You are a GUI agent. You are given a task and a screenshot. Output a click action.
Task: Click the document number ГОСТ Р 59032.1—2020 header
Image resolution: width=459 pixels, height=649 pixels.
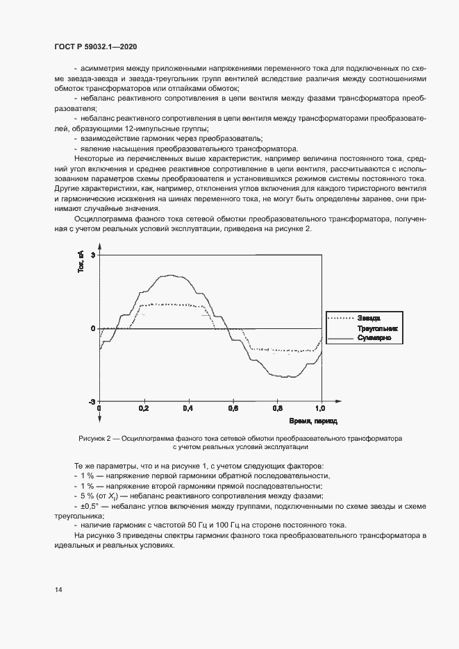pyautogui.click(x=94, y=46)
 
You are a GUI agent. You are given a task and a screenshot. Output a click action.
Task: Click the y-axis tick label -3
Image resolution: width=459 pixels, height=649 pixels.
pyautogui.click(x=91, y=402)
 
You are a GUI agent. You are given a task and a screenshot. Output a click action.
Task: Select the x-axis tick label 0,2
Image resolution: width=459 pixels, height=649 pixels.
pyautogui.click(x=144, y=410)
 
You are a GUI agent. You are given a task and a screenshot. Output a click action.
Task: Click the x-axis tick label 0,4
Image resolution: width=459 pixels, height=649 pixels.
pyautogui.click(x=188, y=410)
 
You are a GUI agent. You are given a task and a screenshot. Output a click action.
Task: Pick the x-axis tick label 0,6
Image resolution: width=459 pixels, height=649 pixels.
pyautogui.click(x=233, y=410)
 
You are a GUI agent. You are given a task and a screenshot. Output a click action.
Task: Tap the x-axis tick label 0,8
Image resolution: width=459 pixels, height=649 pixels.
pyautogui.click(x=277, y=410)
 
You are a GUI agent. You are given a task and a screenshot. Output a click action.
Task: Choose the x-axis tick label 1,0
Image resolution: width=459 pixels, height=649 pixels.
pyautogui.click(x=321, y=410)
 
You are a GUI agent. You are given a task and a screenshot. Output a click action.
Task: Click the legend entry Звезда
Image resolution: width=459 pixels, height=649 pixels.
pyautogui.click(x=369, y=318)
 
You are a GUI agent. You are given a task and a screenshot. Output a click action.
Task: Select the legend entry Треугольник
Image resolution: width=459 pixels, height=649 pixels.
pyautogui.click(x=376, y=328)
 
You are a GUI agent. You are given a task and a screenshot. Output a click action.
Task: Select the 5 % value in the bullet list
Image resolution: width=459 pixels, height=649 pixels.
pyautogui.click(x=86, y=496)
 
